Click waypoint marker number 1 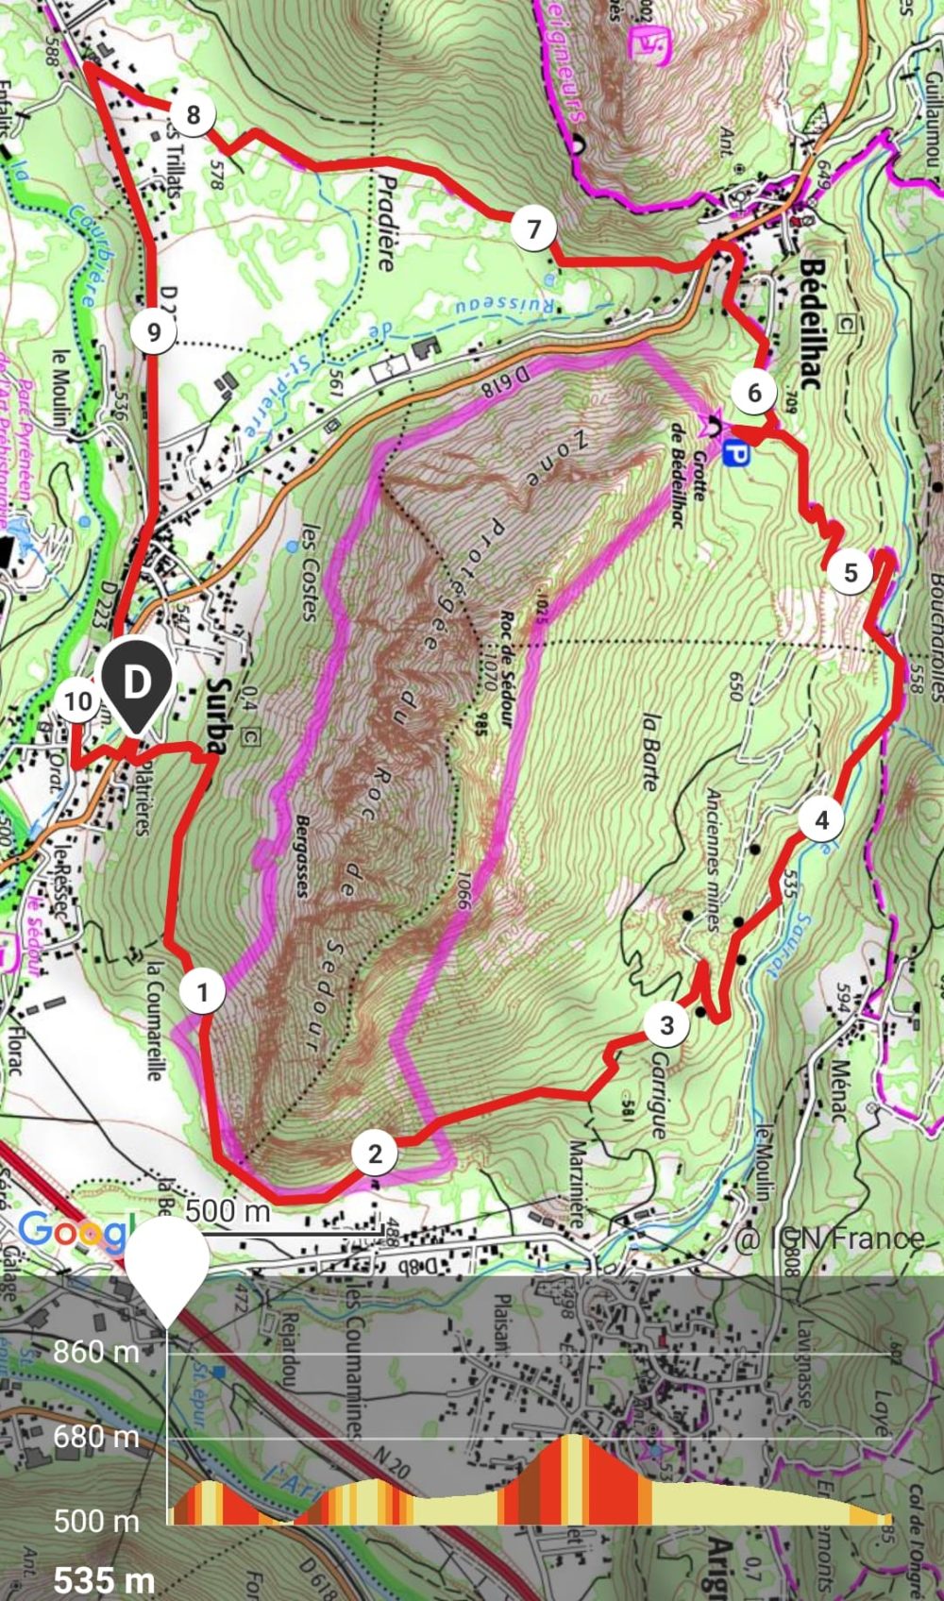click(x=202, y=991)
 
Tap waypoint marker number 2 click(x=376, y=1154)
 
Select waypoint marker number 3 click(x=666, y=1024)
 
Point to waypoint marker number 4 click(x=821, y=820)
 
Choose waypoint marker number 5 click(x=851, y=572)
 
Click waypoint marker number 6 click(x=753, y=392)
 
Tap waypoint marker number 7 click(x=534, y=228)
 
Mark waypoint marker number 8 click(x=194, y=115)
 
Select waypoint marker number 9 click(x=154, y=331)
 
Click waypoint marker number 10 click(x=77, y=701)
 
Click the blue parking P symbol click(x=736, y=456)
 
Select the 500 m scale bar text click(x=228, y=1211)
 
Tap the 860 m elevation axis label click(x=95, y=1352)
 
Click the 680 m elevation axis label click(x=95, y=1437)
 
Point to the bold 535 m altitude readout click(x=104, y=1579)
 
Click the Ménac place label click(x=837, y=1090)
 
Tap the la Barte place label click(x=649, y=750)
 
